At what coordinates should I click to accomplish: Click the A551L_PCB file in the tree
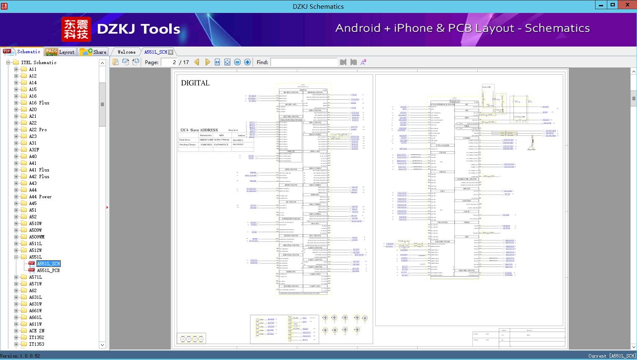point(48,270)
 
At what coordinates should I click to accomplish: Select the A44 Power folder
point(40,197)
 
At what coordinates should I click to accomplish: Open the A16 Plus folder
point(39,103)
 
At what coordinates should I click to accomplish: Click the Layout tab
point(60,52)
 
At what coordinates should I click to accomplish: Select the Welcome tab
point(126,52)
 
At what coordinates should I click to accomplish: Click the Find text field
point(304,62)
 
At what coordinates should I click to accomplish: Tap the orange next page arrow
point(207,62)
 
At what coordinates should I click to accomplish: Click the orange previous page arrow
point(196,62)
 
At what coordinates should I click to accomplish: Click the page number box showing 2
point(169,62)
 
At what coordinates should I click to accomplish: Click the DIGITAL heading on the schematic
point(195,83)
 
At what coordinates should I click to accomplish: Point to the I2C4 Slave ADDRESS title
point(199,130)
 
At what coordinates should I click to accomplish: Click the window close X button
point(627,5)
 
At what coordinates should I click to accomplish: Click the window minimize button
point(601,5)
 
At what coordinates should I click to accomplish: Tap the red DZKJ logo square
point(76,29)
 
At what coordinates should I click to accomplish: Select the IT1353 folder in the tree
point(36,344)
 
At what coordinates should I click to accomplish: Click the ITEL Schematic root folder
point(39,62)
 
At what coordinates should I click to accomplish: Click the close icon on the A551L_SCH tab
point(170,52)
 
